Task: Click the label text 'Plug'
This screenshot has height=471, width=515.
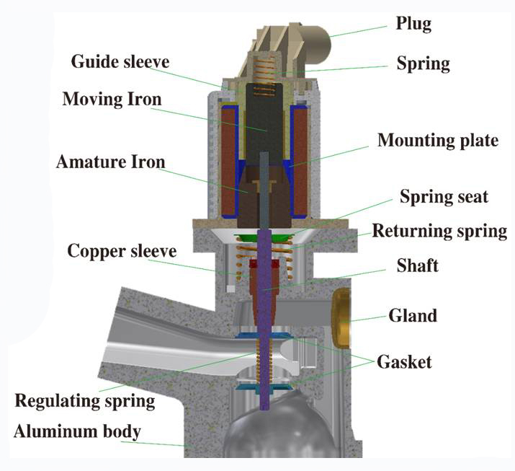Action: click(x=413, y=25)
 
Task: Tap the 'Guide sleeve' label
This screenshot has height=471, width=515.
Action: click(x=120, y=61)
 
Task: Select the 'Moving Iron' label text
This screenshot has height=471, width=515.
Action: click(x=112, y=99)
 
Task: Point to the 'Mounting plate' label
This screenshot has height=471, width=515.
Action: click(x=438, y=141)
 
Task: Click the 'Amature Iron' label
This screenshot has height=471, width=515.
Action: click(x=110, y=162)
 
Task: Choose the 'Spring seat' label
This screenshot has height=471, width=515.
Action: click(x=444, y=197)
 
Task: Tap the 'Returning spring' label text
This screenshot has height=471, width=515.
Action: click(x=439, y=232)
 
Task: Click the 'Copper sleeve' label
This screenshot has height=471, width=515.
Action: click(x=122, y=251)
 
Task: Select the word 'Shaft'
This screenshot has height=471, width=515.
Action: click(x=418, y=265)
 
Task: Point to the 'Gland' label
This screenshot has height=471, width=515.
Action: click(x=413, y=315)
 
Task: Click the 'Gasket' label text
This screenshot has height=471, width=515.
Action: click(x=404, y=362)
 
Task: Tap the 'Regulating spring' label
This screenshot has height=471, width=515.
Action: click(x=85, y=401)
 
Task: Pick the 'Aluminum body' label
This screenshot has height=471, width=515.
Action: click(x=77, y=431)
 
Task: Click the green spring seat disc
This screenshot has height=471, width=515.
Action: click(x=263, y=237)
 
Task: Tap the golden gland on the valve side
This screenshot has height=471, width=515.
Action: click(x=341, y=318)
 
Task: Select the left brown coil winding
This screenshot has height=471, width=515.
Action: click(x=228, y=162)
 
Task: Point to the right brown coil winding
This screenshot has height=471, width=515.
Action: click(x=300, y=162)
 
